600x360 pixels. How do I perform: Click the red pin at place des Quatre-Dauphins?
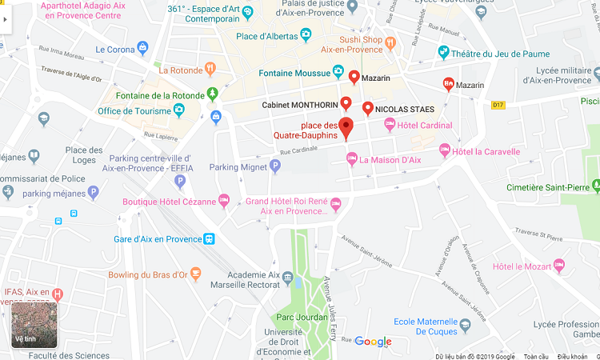point(346,127)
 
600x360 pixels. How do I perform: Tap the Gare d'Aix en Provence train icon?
point(209,238)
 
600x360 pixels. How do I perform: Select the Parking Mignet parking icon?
point(275,166)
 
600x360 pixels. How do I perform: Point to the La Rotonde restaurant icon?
point(210,70)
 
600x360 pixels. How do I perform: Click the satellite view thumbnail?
point(34,325)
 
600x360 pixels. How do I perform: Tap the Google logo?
point(373,342)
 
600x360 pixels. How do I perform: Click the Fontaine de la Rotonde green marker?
point(212,94)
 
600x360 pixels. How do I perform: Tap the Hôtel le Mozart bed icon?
point(559,266)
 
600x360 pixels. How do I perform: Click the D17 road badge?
point(498,105)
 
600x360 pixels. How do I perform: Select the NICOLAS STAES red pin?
point(367,108)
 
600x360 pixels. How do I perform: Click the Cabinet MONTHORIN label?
point(299,104)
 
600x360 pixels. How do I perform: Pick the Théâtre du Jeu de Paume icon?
point(444,53)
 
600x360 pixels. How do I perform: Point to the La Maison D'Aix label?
point(390,160)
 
